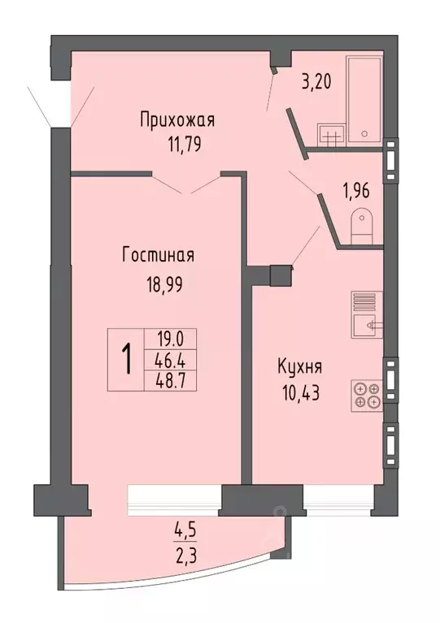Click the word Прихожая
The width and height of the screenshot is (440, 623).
(176, 121)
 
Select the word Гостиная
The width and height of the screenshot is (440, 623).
(158, 256)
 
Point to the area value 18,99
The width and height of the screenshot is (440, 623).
(158, 285)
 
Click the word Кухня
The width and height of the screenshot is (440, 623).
(295, 366)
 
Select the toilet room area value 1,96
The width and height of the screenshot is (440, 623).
(355, 192)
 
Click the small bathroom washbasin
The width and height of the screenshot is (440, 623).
(330, 135)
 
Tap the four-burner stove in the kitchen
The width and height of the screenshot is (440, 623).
(366, 395)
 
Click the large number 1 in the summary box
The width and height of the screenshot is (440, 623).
(128, 358)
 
